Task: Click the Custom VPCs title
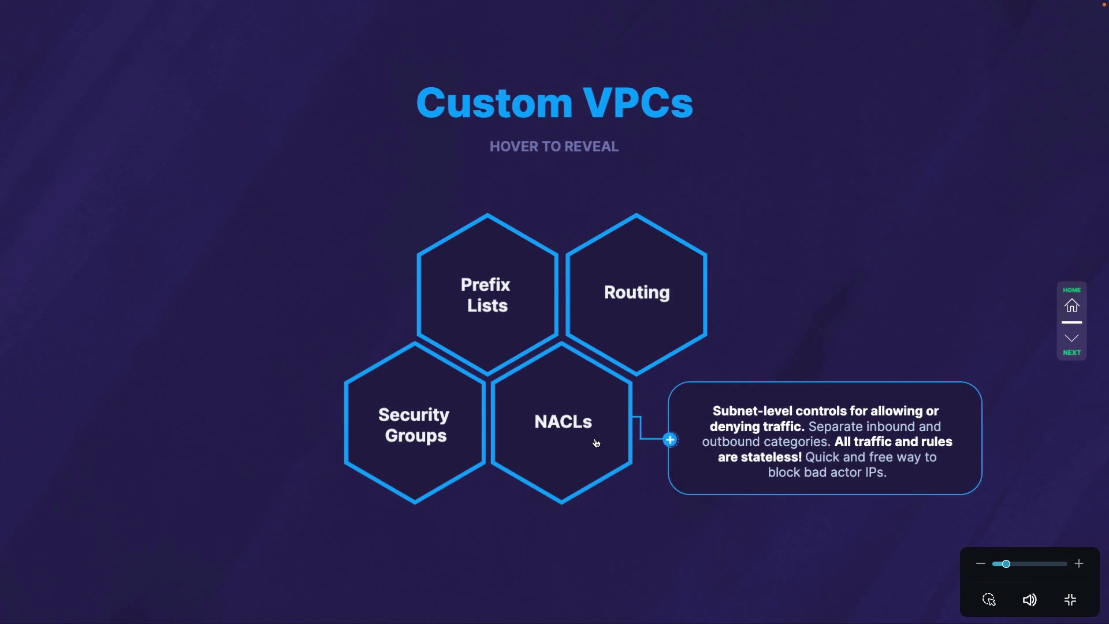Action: tap(554, 103)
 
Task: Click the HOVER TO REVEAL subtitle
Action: tap(554, 147)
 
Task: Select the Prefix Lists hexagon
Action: tap(487, 295)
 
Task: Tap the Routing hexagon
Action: tap(637, 293)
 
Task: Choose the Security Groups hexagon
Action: tap(414, 425)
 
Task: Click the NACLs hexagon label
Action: tap(563, 422)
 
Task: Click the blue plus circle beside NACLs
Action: tap(670, 440)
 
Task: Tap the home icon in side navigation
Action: tap(1072, 306)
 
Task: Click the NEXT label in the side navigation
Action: tap(1072, 352)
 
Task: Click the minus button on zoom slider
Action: tap(980, 563)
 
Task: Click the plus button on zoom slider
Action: tap(1079, 563)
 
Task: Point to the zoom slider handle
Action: tap(1006, 563)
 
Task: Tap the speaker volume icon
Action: tap(1029, 600)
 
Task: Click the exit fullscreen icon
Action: tap(1070, 600)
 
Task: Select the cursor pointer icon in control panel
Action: tap(989, 600)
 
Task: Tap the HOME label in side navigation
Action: tap(1072, 290)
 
